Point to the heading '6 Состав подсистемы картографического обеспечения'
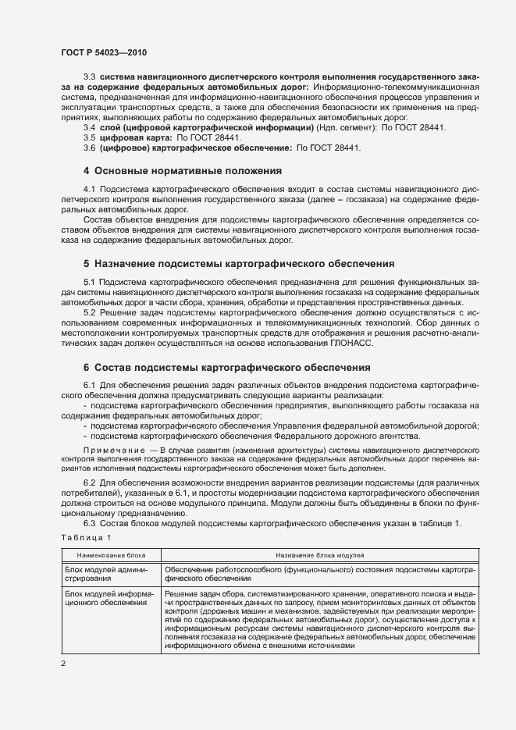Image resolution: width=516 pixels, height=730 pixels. [227, 367]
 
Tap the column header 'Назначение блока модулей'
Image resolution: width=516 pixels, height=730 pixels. [320, 555]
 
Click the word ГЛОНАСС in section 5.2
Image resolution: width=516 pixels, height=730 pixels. [352, 344]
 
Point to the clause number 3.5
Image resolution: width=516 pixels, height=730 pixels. [90, 137]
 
